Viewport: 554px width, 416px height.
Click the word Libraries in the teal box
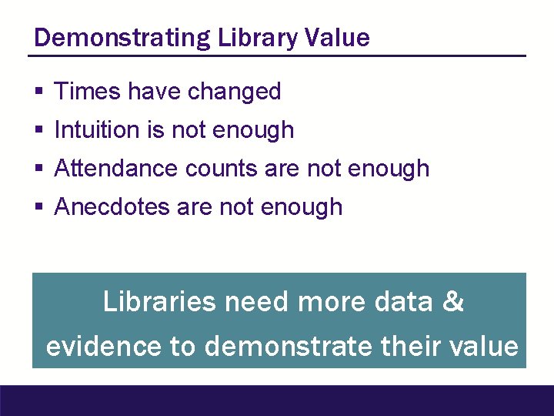click(159, 301)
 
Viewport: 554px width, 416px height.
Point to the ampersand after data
click(453, 301)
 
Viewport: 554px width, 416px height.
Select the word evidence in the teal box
click(103, 347)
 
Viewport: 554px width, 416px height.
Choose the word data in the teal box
click(403, 301)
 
